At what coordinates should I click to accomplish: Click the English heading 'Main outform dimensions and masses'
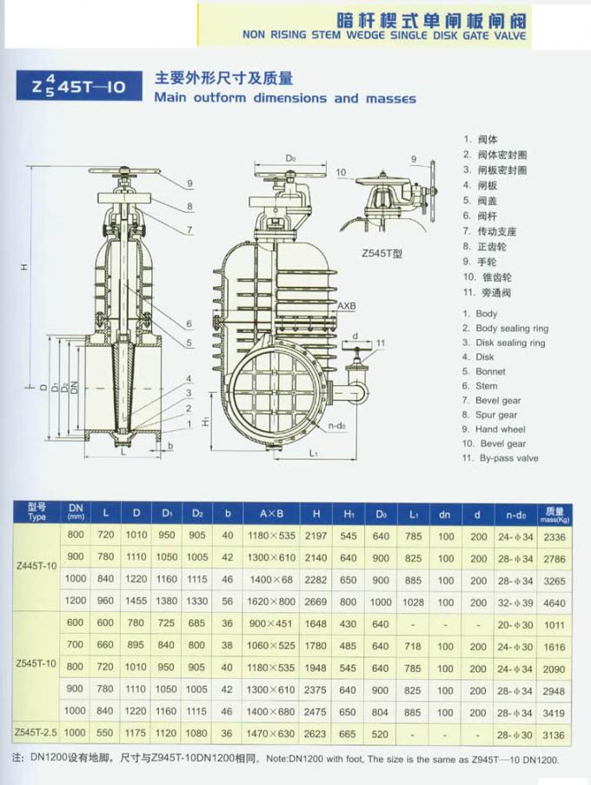point(284,98)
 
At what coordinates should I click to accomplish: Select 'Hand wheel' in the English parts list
point(500,429)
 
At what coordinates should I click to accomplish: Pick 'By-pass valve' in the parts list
point(507,458)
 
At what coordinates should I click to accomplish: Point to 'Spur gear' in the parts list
point(495,416)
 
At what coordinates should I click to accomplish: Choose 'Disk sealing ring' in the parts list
point(509,343)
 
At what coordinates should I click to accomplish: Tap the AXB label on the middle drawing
point(347,306)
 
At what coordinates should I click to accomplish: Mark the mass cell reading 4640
point(554,602)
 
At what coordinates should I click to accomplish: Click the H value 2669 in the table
point(316,602)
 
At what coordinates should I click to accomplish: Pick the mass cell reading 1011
point(554,623)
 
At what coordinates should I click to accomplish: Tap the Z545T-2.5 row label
point(37,735)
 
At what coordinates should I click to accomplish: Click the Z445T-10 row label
point(37,568)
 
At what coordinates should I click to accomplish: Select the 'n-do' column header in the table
point(515,514)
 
